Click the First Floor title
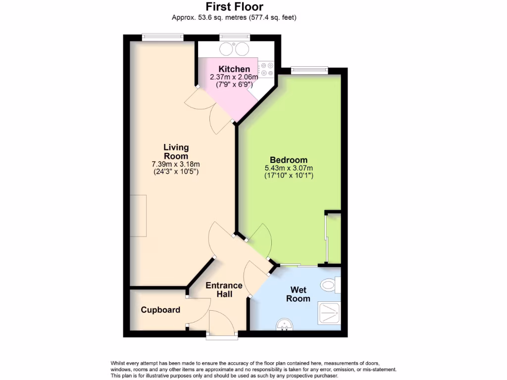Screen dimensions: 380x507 (x=234, y=6)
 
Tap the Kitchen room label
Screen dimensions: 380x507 (x=234, y=69)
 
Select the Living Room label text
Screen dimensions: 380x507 (x=176, y=151)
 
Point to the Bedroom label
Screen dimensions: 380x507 (x=289, y=160)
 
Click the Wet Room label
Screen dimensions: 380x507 (x=301, y=294)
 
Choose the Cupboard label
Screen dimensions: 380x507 (x=160, y=310)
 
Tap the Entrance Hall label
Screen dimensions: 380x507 (x=224, y=289)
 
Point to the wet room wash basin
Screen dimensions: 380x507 (x=285, y=325)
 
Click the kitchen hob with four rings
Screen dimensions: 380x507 (x=266, y=69)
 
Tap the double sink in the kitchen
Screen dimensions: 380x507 (x=234, y=48)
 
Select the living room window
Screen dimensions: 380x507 (x=162, y=37)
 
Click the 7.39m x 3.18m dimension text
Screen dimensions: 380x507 (x=176, y=164)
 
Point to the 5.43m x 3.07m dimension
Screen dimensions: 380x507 (x=289, y=168)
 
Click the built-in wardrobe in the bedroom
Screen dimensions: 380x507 (x=333, y=239)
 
